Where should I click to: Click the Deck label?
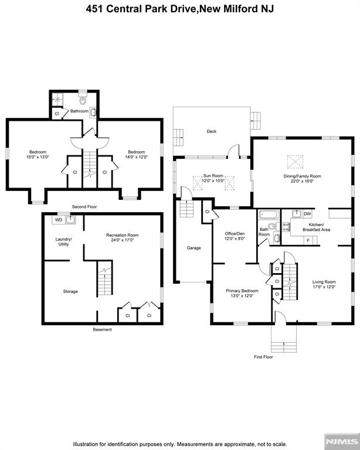(x=211, y=131)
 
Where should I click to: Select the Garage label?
(x=193, y=248)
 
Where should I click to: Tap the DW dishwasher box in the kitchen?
(x=307, y=214)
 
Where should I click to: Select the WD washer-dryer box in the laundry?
(x=58, y=220)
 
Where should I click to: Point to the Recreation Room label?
(x=122, y=235)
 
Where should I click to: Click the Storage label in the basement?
(x=70, y=291)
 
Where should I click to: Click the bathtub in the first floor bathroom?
(x=270, y=214)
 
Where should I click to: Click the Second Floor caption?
(x=84, y=207)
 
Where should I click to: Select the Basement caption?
(x=102, y=329)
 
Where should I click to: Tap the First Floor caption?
(x=264, y=357)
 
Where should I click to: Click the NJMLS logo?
(x=343, y=441)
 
